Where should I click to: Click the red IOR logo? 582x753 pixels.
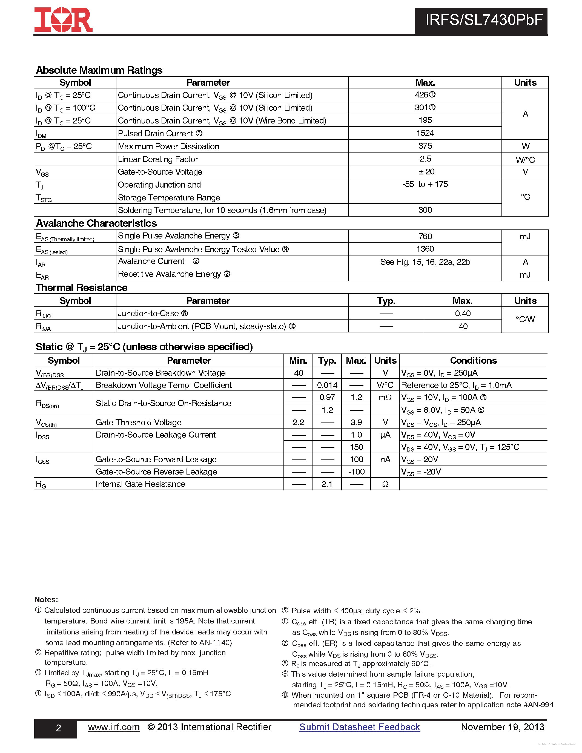tap(63, 20)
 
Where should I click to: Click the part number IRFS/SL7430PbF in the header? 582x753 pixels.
tap(484, 20)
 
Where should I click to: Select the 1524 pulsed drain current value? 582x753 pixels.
tap(425, 133)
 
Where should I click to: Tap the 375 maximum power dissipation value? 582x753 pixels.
tap(425, 146)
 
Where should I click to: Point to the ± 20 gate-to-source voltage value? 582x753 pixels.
tap(426, 172)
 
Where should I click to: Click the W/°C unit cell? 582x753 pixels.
tap(525, 160)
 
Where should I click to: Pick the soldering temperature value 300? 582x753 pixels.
tap(425, 210)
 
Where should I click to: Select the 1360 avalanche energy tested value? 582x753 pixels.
tap(425, 249)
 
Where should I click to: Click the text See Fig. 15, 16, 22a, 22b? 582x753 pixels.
tap(425, 262)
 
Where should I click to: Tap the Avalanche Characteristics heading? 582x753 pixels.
tap(96, 223)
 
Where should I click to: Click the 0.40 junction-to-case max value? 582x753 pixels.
tap(462, 314)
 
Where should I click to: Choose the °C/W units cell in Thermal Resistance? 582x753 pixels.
tap(525, 319)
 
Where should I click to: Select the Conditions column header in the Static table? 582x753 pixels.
tap(473, 360)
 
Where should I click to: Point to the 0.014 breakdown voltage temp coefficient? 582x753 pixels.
tap(327, 385)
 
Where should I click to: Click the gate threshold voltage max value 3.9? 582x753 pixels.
tap(356, 422)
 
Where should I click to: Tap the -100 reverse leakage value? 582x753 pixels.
tap(356, 472)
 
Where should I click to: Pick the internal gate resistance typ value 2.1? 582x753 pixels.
tap(327, 484)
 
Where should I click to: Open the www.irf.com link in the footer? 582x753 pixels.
tap(114, 727)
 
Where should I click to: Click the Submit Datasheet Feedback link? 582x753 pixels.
tap(359, 727)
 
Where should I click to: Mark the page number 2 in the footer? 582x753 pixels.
tap(58, 728)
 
